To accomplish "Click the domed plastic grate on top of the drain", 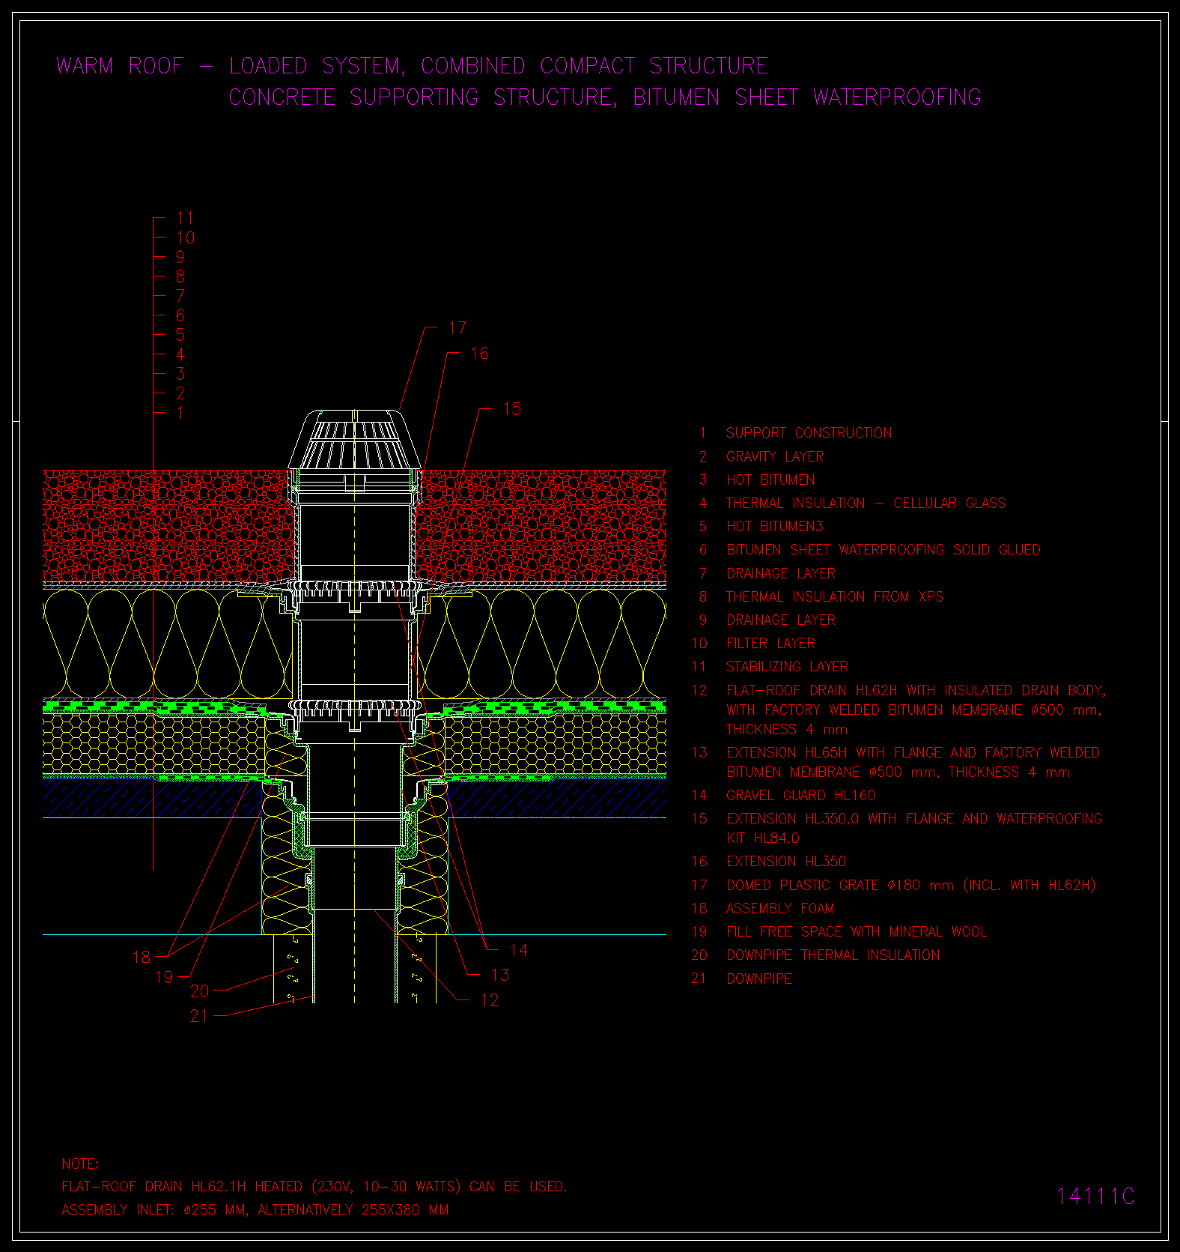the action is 355,440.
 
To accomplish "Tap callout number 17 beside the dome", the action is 457,328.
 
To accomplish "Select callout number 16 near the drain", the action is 479,354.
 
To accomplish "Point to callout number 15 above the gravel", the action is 512,409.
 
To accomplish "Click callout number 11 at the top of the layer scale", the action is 185,218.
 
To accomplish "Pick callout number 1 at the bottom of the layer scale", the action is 180,413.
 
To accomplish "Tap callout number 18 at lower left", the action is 142,958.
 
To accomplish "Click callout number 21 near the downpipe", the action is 199,1016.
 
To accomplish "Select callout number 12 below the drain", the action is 490,1000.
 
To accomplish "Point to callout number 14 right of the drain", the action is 519,950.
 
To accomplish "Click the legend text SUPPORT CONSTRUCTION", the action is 809,433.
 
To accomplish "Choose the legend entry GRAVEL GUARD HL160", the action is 800,796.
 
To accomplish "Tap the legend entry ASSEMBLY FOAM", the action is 780,909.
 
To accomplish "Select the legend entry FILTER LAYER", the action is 770,644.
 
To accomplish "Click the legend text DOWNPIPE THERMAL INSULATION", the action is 833,955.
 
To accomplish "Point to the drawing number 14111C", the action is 1095,1197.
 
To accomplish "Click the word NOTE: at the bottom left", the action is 80,1164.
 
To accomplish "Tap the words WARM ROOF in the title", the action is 120,66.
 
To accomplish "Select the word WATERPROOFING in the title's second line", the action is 897,97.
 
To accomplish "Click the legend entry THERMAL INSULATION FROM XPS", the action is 835,597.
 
